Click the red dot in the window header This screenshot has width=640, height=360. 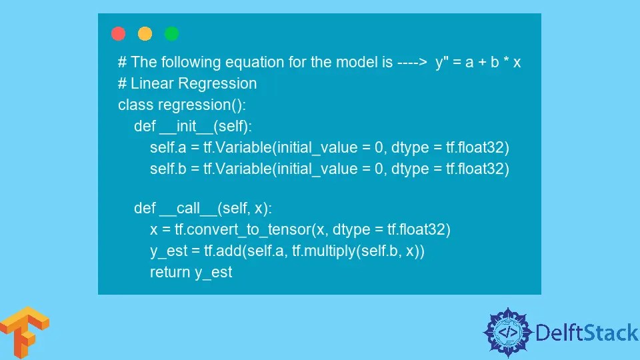(x=119, y=33)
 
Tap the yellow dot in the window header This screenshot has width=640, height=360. (x=145, y=33)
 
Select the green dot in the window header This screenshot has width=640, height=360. (x=171, y=33)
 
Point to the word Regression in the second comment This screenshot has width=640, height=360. (x=221, y=84)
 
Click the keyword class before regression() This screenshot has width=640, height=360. (x=135, y=105)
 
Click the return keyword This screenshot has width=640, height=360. (x=169, y=273)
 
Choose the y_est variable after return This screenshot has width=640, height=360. (x=213, y=273)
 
